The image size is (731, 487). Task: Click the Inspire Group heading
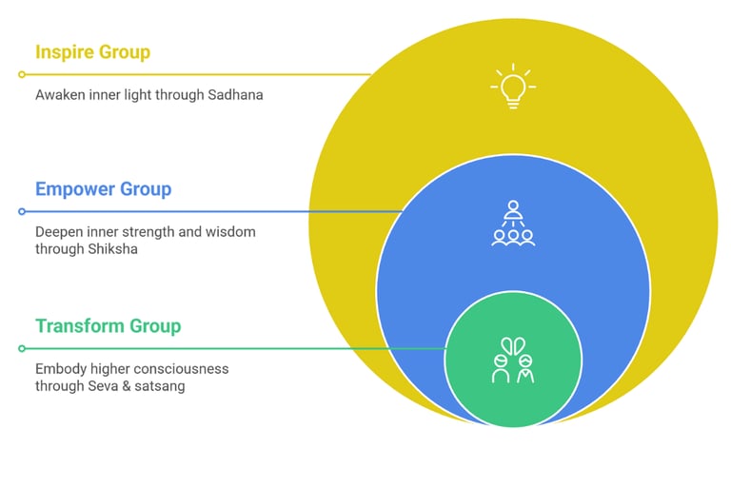(92, 51)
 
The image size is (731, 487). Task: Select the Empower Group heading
(103, 188)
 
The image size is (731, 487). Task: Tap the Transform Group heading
(108, 326)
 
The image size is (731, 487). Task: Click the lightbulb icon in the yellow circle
(513, 87)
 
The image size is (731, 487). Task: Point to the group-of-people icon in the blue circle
(513, 224)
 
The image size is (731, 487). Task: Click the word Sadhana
(230, 95)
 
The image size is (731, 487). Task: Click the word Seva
(116, 386)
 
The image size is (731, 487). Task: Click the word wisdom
(230, 232)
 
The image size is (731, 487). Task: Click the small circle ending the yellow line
(21, 74)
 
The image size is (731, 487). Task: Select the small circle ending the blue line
(21, 211)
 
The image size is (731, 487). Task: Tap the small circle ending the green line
(21, 348)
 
